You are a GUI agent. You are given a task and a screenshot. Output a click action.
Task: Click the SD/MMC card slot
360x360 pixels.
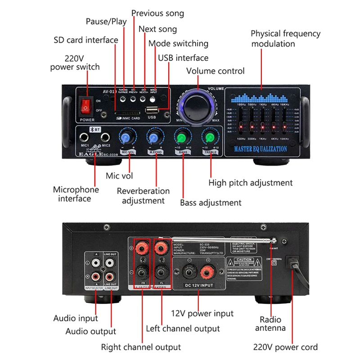[x=128, y=112]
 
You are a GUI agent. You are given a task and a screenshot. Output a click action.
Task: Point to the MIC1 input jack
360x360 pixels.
[x=84, y=137]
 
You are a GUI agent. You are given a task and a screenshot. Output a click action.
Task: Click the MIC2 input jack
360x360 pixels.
[x=105, y=137]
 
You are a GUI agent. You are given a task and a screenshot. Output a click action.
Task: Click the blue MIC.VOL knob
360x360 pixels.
[x=126, y=137]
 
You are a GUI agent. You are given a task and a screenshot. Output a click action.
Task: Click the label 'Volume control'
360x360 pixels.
[x=215, y=71]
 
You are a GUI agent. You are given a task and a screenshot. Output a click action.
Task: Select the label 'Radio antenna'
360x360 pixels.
[x=270, y=324]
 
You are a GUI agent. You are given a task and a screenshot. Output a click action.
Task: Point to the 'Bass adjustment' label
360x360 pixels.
[x=211, y=202]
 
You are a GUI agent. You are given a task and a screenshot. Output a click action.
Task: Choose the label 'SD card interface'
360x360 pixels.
[x=85, y=40]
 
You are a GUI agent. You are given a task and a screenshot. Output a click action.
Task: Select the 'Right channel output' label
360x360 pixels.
[x=141, y=347]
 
